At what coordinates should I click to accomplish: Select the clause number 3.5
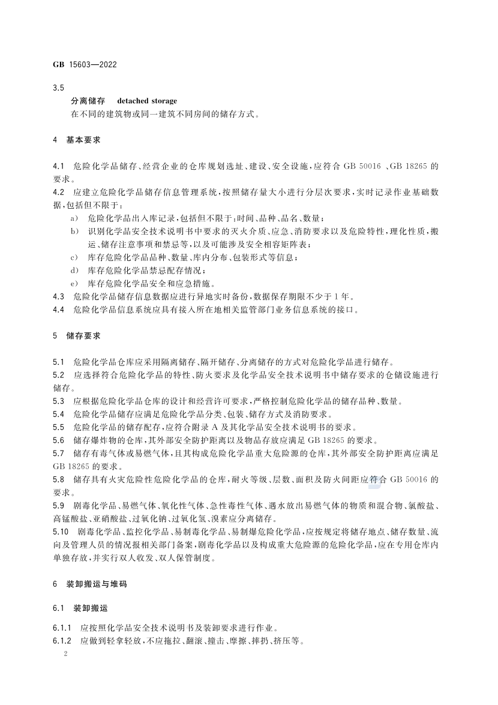pos(58,88)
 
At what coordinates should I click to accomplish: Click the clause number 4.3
pos(58,296)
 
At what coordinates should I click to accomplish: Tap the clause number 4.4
pos(58,310)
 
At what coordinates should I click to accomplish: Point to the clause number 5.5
pos(58,427)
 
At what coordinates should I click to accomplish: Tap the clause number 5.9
pos(58,505)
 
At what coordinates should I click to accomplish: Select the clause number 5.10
pos(61,532)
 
